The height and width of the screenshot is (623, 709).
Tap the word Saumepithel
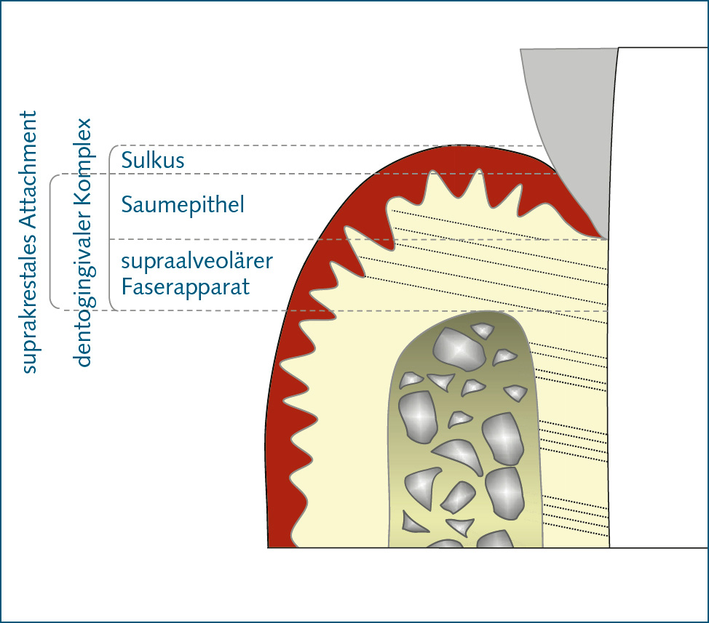[x=183, y=205]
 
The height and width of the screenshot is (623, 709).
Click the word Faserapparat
[x=186, y=287]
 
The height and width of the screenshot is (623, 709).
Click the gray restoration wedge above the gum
[x=568, y=109]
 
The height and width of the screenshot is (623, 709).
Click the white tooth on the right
[x=655, y=291]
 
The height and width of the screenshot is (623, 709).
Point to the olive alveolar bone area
[x=466, y=436]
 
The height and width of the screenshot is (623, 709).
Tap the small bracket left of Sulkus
[x=111, y=159]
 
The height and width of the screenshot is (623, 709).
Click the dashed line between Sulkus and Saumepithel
[x=328, y=174]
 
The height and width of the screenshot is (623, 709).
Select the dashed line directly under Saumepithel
[x=218, y=239]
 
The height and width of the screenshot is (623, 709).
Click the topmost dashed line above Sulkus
[x=328, y=146]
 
